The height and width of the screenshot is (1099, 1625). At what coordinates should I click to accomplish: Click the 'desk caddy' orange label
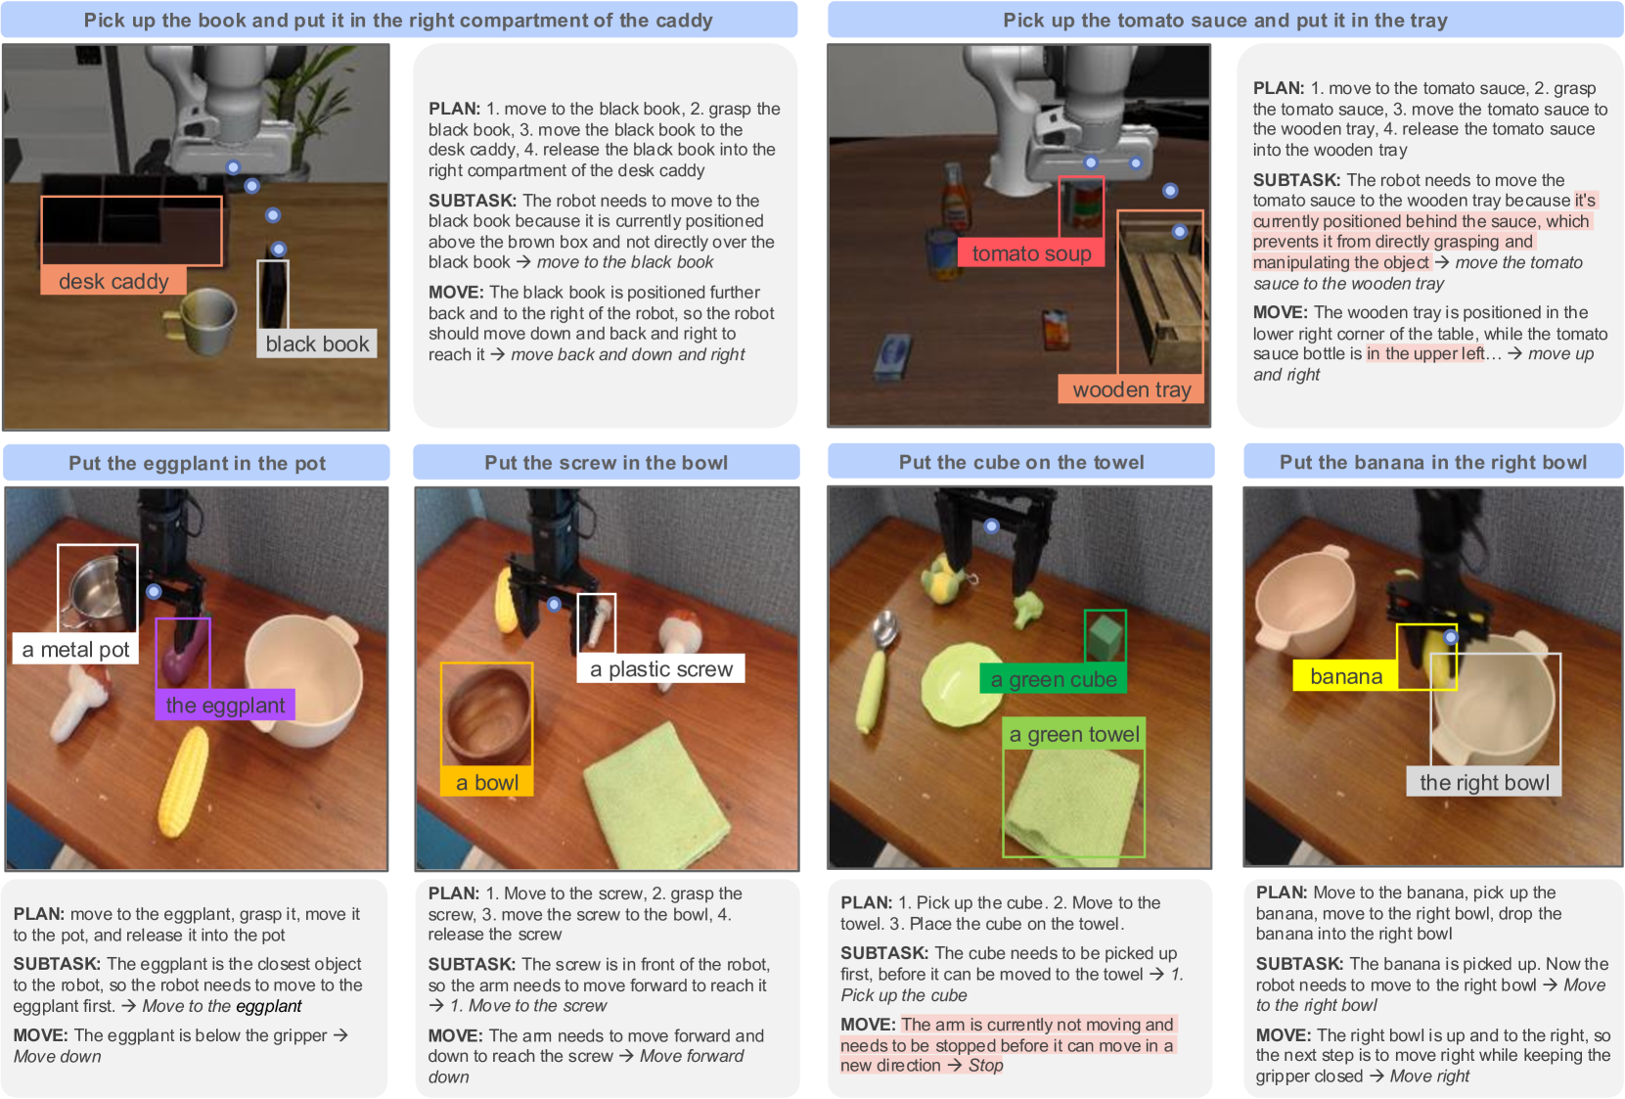coord(113,280)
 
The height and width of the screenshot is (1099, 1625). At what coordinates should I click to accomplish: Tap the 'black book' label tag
coord(317,343)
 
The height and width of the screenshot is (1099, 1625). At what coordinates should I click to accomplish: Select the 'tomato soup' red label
coord(1031,252)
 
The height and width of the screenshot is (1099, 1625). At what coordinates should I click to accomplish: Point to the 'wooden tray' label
coord(1131,389)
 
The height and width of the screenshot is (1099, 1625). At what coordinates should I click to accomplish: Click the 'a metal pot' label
coord(75,649)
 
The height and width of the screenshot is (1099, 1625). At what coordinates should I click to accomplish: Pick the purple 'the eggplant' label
coord(225,704)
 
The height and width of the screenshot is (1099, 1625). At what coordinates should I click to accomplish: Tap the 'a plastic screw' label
coord(661,668)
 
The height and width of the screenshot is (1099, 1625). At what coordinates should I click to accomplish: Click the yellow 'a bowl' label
coord(487,782)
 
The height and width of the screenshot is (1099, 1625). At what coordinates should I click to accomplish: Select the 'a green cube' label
coord(1054,679)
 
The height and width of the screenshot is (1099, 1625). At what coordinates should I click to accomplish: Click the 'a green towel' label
coord(1073,734)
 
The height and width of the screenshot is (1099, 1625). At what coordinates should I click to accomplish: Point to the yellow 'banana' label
coord(1346,676)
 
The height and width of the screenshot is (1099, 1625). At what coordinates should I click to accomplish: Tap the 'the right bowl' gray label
coord(1484,782)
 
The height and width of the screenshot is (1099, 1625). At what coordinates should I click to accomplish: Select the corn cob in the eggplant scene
coord(184,781)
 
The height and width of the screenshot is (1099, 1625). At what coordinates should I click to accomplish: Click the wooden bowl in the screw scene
coord(487,714)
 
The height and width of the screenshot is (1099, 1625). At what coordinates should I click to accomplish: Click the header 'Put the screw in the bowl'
coord(606,462)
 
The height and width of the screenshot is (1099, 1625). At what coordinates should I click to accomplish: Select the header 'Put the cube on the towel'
coord(1021,462)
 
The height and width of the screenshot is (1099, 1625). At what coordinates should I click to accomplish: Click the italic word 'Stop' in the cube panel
coord(985,1065)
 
